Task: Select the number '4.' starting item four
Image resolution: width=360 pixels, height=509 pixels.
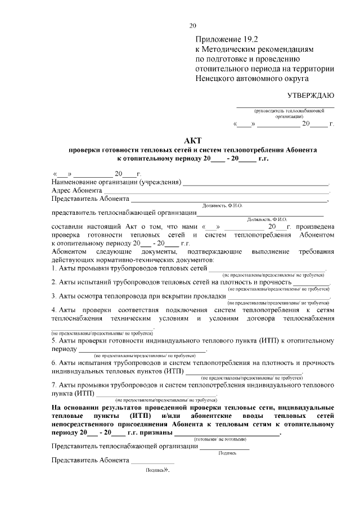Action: click(54, 310)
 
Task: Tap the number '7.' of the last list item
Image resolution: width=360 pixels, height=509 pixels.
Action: click(54, 385)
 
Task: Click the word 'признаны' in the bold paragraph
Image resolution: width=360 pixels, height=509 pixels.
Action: click(152, 433)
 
